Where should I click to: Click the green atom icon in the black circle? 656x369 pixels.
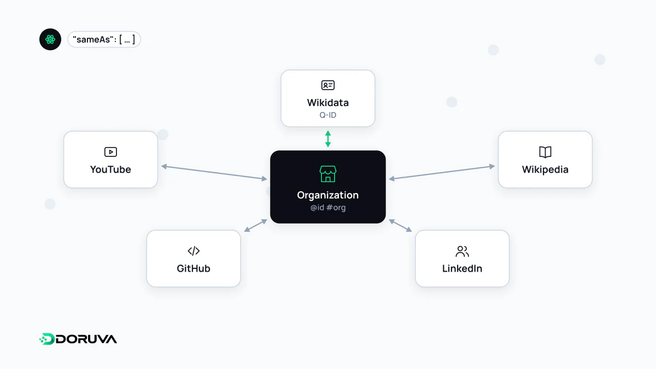pyautogui.click(x=50, y=39)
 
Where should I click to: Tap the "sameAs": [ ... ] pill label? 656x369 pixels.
pyautogui.click(x=104, y=39)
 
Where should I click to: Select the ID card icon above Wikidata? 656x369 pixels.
pyautogui.click(x=327, y=85)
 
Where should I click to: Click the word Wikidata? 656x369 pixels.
pyautogui.click(x=327, y=103)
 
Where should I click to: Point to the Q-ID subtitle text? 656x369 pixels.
pyautogui.click(x=327, y=115)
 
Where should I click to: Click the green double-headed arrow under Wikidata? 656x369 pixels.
pyautogui.click(x=328, y=139)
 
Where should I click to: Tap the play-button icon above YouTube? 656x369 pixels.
pyautogui.click(x=110, y=152)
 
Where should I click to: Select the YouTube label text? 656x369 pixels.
pyautogui.click(x=110, y=169)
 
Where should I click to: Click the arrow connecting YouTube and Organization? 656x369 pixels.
pyautogui.click(x=214, y=173)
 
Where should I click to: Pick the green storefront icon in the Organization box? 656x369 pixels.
pyautogui.click(x=327, y=174)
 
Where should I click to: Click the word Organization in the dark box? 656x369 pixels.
pyautogui.click(x=327, y=195)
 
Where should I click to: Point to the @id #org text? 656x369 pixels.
pyautogui.click(x=327, y=208)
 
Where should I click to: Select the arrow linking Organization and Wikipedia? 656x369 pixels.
pyautogui.click(x=442, y=173)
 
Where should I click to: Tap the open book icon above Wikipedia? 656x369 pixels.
pyautogui.click(x=545, y=153)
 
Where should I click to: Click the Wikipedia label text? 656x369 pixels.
pyautogui.click(x=545, y=169)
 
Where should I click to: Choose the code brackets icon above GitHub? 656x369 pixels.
pyautogui.click(x=194, y=251)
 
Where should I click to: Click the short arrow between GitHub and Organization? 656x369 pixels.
pyautogui.click(x=256, y=225)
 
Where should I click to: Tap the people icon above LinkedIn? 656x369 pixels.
pyautogui.click(x=462, y=251)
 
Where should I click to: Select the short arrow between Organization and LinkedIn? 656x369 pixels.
pyautogui.click(x=400, y=225)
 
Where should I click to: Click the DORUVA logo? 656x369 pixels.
pyautogui.click(x=78, y=339)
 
